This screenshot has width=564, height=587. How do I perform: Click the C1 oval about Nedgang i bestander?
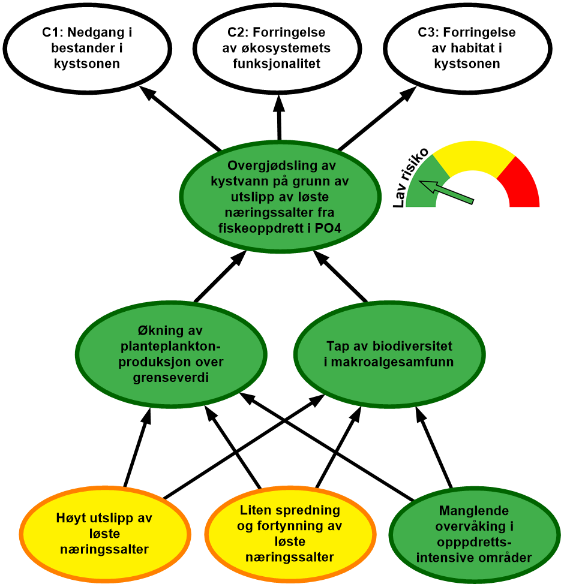click(87, 48)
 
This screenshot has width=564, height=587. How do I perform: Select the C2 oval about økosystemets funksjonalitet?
click(279, 48)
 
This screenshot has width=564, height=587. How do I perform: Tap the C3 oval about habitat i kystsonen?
click(467, 48)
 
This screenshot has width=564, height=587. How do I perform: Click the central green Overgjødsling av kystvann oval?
click(280, 196)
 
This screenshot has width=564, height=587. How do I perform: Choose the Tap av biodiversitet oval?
click(389, 354)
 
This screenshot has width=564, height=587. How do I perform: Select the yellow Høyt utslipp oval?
click(104, 533)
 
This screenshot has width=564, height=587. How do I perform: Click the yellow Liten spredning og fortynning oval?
click(290, 533)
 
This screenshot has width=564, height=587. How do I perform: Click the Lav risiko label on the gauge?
click(411, 177)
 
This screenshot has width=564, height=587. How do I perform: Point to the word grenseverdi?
click(172, 378)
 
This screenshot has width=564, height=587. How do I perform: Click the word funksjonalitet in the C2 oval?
click(279, 64)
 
